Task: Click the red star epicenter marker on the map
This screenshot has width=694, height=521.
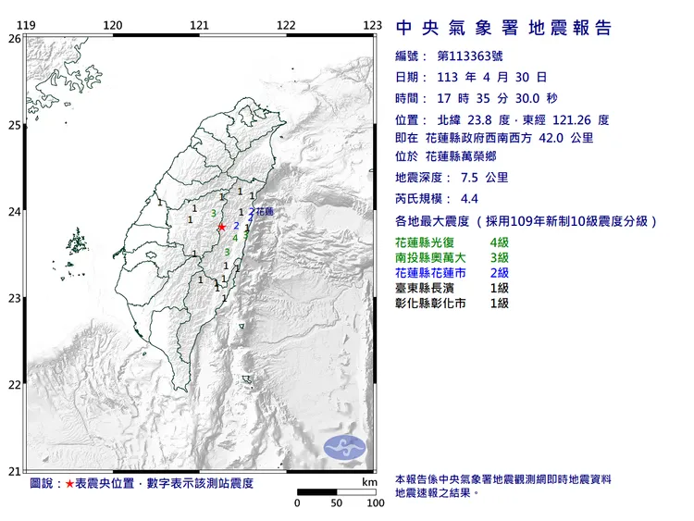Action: (221, 226)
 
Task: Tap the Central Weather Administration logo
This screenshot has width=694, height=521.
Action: (344, 447)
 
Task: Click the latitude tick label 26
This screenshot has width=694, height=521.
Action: (14, 39)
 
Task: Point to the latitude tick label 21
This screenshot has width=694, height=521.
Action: (14, 471)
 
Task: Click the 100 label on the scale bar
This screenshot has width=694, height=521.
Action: (375, 503)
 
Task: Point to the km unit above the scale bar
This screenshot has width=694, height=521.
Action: (369, 482)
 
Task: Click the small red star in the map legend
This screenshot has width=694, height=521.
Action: (69, 484)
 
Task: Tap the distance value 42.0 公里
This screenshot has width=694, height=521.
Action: (569, 138)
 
